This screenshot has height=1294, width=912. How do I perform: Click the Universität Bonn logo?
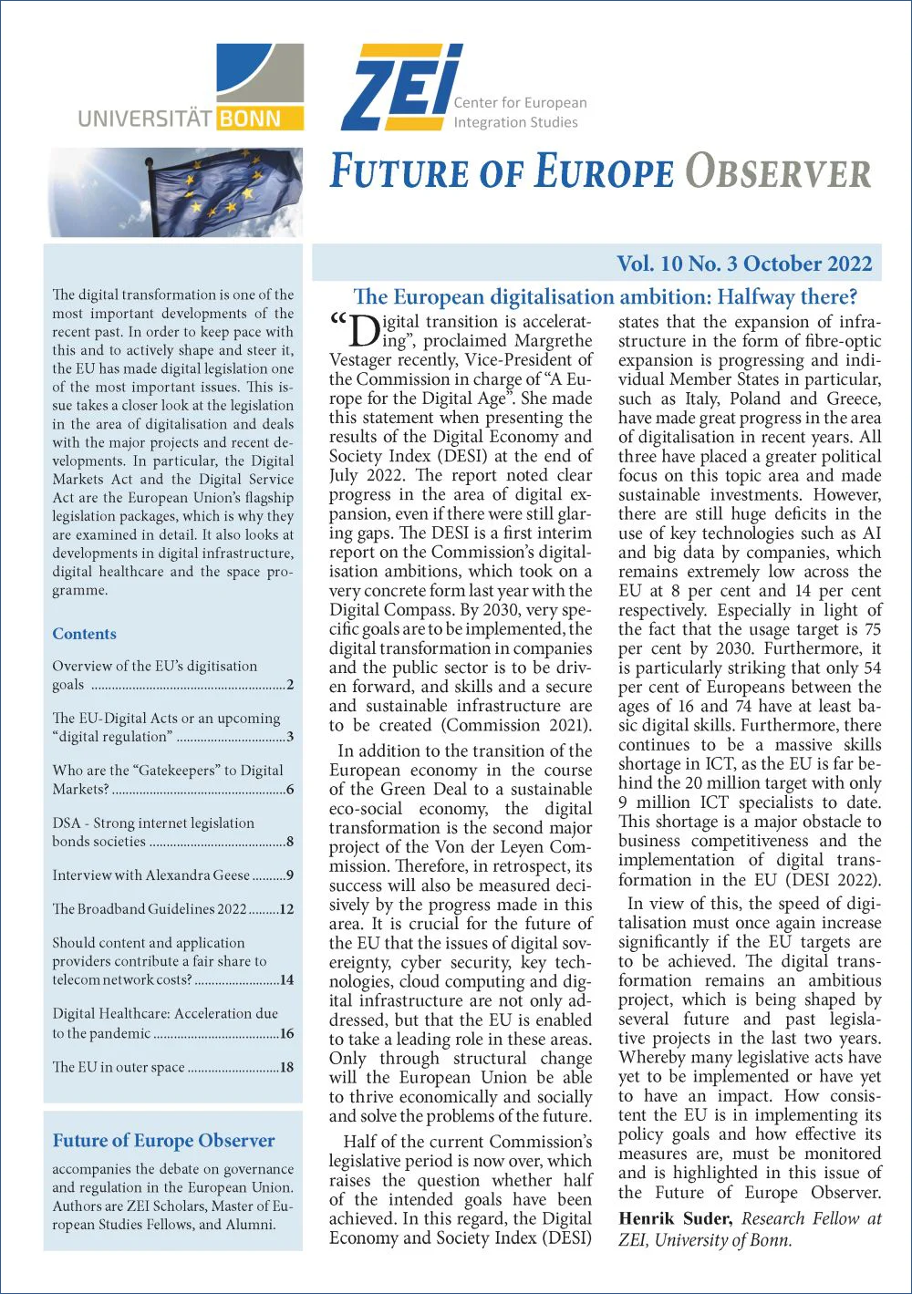tap(191, 89)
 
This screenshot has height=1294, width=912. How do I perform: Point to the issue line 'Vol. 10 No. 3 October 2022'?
tap(744, 264)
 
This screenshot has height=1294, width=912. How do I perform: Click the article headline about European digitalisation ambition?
tap(605, 296)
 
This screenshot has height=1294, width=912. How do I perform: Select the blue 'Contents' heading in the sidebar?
tap(84, 634)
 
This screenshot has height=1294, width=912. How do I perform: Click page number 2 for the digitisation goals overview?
tap(290, 685)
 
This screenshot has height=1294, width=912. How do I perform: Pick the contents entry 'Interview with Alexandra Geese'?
tap(150, 875)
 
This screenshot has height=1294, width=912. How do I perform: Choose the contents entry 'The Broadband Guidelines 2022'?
tap(150, 909)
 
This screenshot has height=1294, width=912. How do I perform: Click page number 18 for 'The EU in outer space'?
tap(286, 1067)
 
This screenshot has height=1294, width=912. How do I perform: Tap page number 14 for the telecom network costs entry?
tap(286, 980)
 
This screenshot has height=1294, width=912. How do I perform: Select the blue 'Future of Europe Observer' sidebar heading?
tap(163, 1141)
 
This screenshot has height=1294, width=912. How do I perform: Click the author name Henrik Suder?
tap(675, 1219)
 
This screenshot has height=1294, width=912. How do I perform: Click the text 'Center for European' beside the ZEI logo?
tap(520, 103)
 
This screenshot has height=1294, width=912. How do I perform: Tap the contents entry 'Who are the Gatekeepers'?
tap(168, 771)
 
